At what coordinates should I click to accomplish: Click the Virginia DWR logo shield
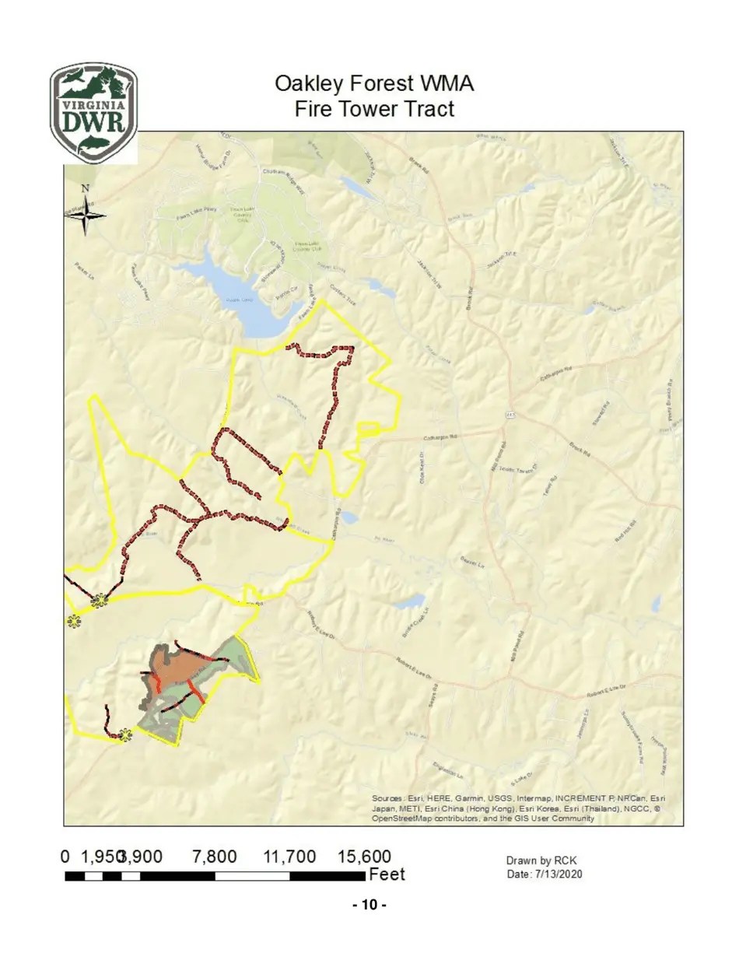coord(94,113)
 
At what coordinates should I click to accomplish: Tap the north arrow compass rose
coord(85,212)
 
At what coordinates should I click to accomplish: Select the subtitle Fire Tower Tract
coord(374,109)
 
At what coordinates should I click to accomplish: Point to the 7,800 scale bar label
coord(214,857)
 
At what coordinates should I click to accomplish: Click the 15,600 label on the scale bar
coord(364,857)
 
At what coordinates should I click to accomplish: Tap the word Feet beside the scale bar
coord(387,875)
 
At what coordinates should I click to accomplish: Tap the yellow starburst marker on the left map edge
coord(74,620)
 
